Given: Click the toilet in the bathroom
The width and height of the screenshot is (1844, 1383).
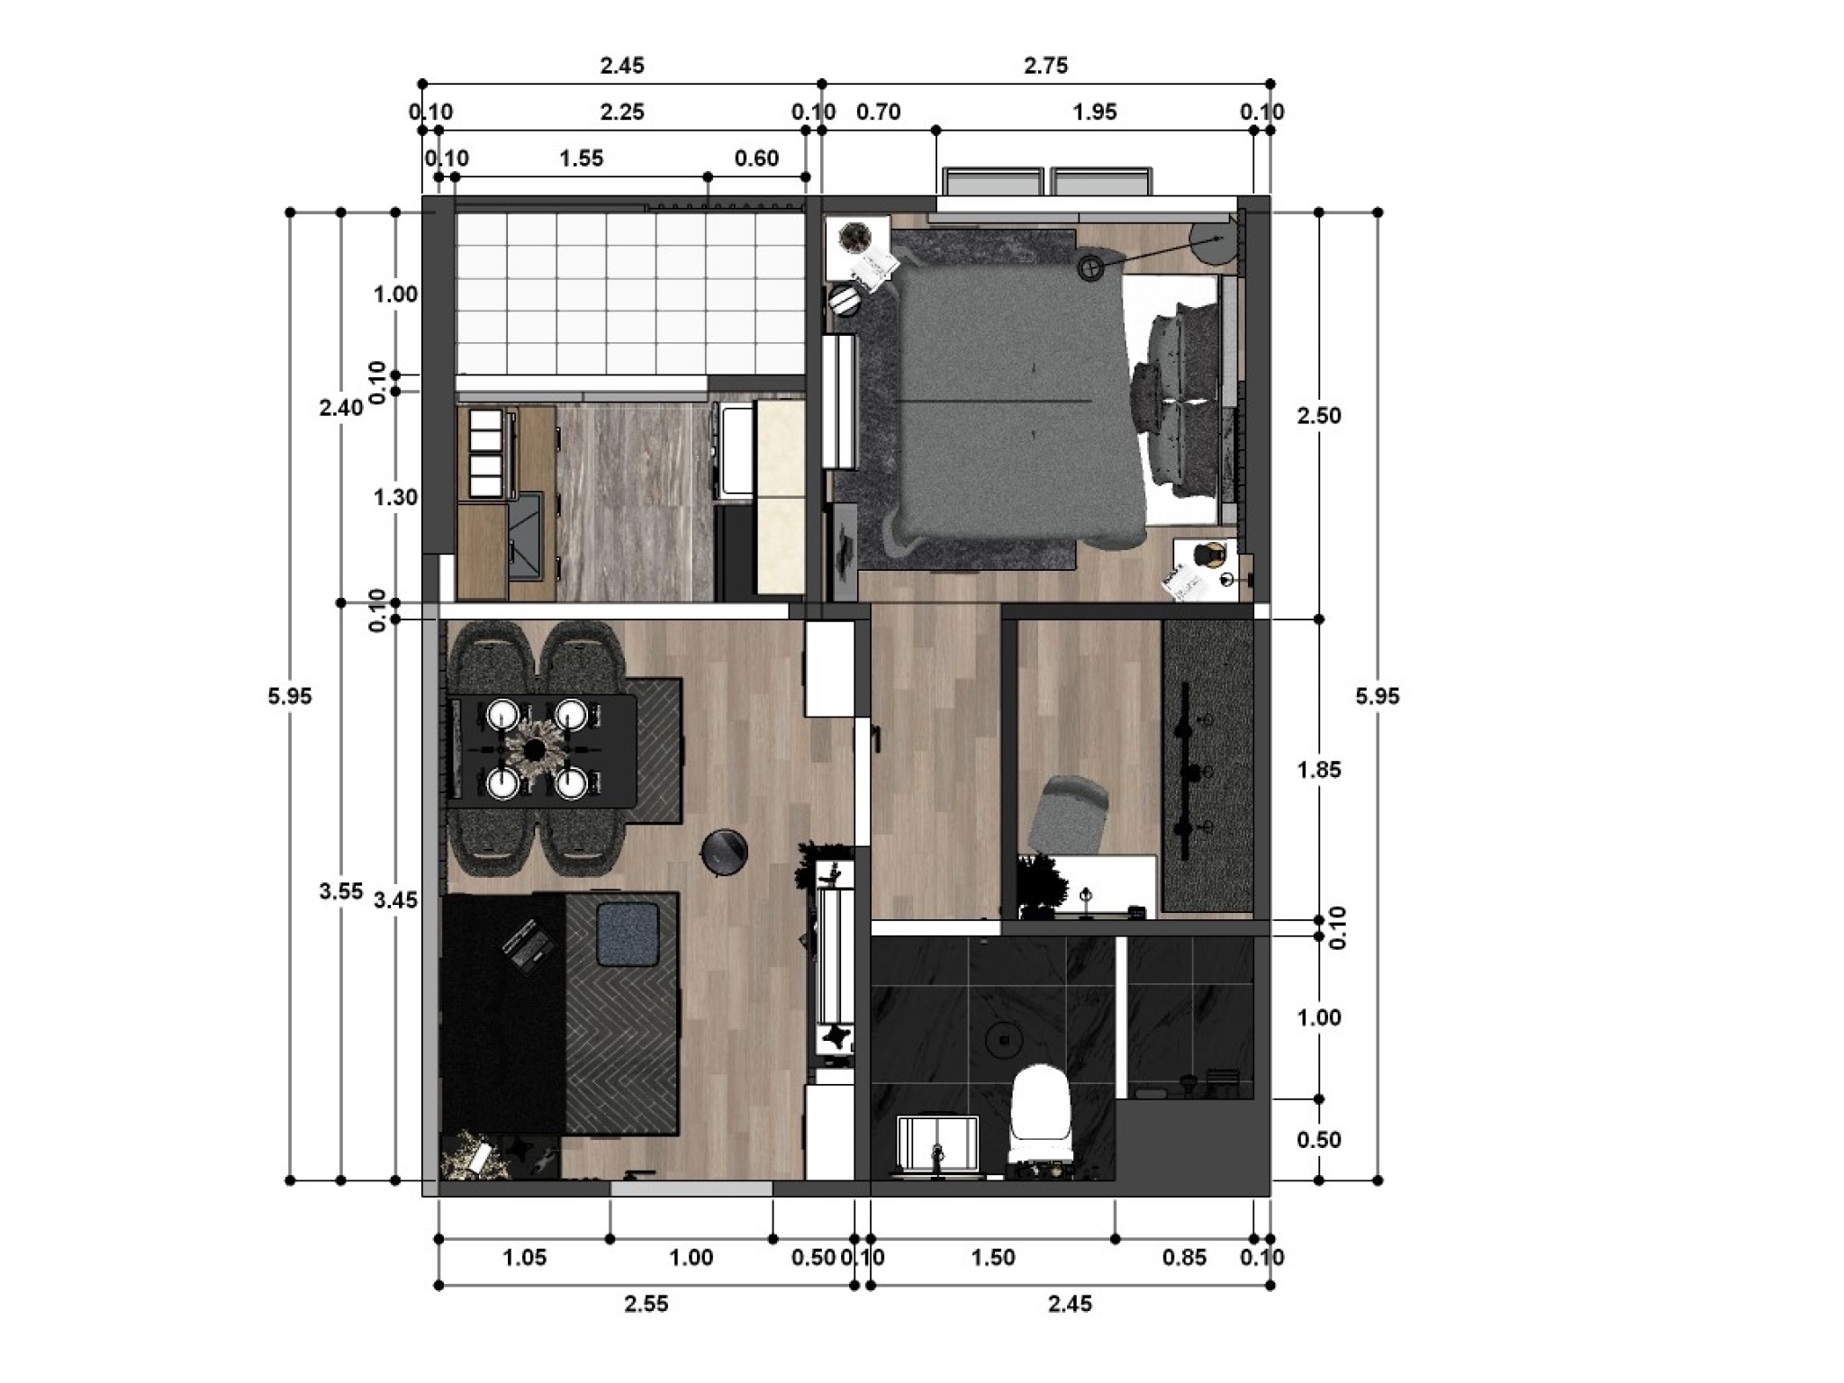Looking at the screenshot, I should coord(1041,1116).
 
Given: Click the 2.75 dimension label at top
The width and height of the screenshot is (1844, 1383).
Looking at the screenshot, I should coord(1045,66).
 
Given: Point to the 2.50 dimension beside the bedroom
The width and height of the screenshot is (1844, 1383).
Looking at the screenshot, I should coord(1318,416).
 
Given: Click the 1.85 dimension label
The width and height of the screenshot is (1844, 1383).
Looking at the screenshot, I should coord(1318,770).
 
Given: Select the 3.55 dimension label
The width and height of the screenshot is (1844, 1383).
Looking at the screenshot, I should coord(341,891).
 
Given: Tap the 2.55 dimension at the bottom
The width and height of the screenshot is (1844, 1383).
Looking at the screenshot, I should coord(646,1303).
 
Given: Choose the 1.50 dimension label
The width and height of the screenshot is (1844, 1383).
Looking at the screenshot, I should coord(993,1257).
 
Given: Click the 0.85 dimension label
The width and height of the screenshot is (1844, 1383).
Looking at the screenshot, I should coord(1184,1257).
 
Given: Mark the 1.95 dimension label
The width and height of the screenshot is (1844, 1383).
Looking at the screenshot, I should coord(1095,113).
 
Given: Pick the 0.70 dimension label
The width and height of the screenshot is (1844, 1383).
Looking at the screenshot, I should coord(878,113).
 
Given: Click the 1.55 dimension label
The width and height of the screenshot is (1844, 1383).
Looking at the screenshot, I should coord(581,159).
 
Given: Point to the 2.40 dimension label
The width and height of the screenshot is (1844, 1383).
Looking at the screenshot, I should coord(341,408).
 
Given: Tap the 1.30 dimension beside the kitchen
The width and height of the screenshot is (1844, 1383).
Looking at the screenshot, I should coord(396,497).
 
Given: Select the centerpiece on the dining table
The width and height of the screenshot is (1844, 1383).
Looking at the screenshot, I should coord(537,748).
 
